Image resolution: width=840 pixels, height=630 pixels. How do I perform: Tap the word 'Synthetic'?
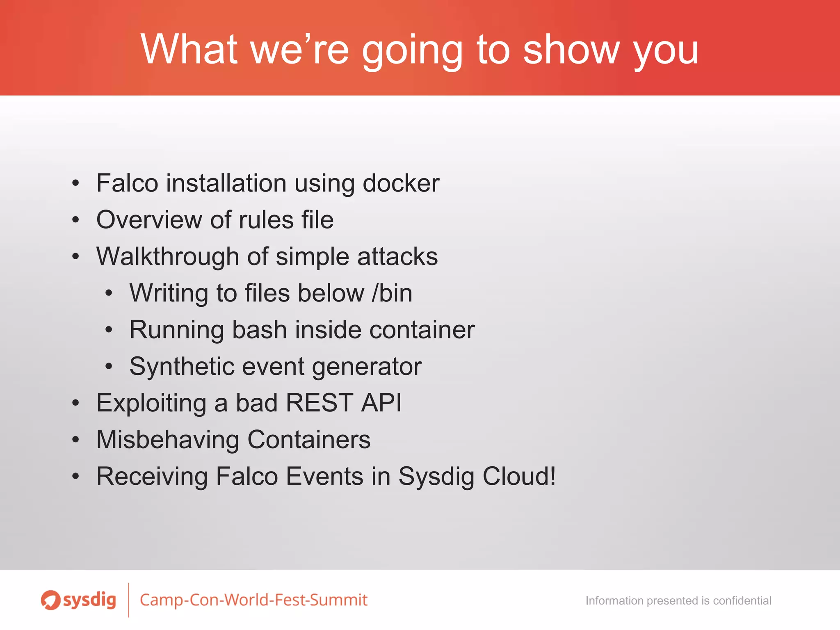[182, 366]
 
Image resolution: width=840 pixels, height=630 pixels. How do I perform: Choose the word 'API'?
[381, 403]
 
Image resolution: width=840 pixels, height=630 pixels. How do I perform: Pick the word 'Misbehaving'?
[167, 439]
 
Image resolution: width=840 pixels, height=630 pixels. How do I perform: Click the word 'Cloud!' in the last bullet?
[519, 476]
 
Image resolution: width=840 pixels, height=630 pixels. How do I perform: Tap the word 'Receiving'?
[152, 476]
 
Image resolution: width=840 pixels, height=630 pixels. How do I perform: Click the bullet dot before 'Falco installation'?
[75, 183]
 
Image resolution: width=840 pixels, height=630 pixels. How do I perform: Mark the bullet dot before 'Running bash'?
[108, 330]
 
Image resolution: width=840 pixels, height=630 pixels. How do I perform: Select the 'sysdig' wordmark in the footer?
[89, 600]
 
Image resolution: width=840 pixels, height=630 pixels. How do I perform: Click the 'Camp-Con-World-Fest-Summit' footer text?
[253, 600]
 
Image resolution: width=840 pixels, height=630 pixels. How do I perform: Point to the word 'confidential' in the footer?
[742, 600]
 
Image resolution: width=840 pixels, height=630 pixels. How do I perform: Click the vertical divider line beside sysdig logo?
[128, 600]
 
